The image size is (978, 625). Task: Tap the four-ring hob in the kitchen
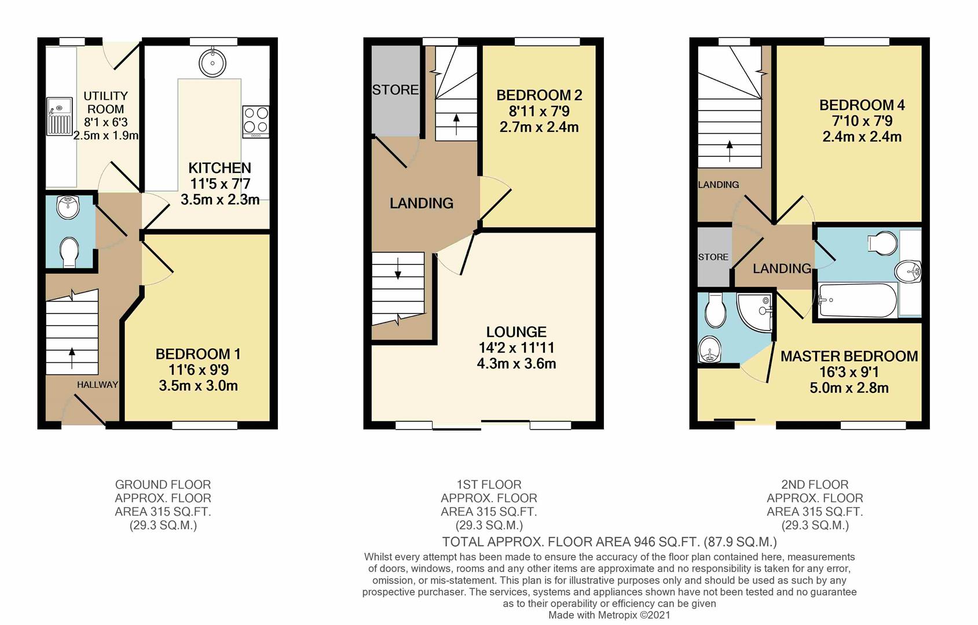(x=256, y=121)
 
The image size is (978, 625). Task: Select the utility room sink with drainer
(x=59, y=116)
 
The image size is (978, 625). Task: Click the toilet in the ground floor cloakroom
(x=69, y=252)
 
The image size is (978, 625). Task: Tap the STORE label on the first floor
(x=395, y=90)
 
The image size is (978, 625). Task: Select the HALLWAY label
(x=97, y=384)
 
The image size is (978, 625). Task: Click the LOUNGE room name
(x=516, y=332)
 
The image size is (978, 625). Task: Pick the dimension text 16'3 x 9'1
(x=849, y=372)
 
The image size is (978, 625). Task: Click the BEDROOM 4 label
(x=862, y=105)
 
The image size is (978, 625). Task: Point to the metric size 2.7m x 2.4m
(x=539, y=127)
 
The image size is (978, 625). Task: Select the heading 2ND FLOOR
(x=814, y=484)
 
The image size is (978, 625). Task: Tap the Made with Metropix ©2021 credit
(x=609, y=615)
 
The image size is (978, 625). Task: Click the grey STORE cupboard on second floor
(x=713, y=258)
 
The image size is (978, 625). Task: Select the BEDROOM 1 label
(x=198, y=354)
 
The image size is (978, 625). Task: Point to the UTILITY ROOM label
(x=105, y=102)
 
